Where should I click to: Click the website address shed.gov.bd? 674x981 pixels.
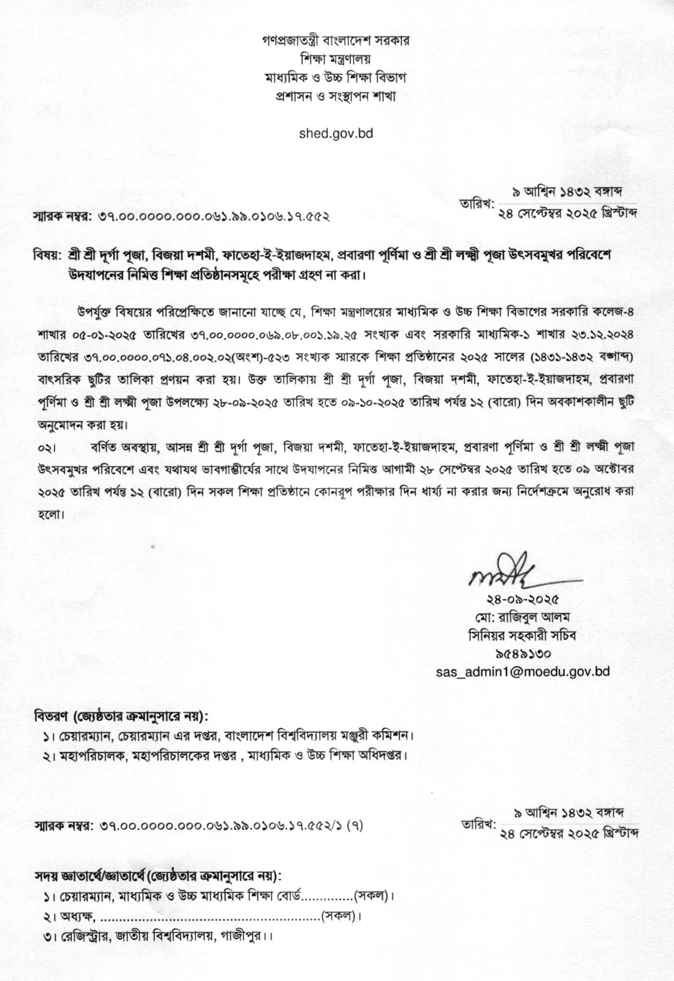(336, 133)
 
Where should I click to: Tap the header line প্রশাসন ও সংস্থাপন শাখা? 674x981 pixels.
(336, 96)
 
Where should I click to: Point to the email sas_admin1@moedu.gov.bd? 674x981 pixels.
(523, 671)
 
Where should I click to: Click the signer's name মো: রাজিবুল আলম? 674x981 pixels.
(523, 615)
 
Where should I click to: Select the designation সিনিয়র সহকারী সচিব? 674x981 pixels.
(523, 634)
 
